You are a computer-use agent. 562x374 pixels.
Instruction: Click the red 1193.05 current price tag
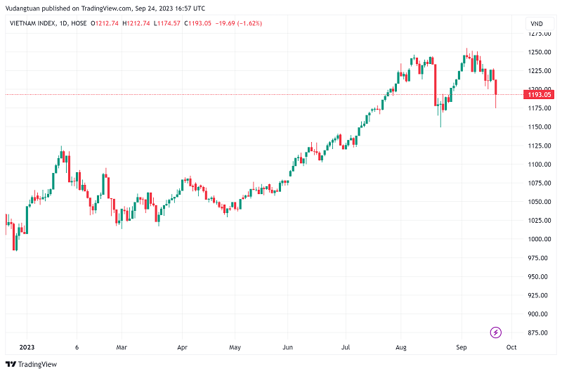(540, 94)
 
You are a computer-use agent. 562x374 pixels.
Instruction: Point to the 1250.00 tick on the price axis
(540, 52)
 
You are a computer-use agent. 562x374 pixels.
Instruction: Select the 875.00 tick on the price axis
(538, 333)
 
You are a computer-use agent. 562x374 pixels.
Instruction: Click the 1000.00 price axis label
(540, 239)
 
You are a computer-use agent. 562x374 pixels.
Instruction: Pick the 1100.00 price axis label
(540, 165)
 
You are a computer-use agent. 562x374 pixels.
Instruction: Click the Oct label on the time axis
(511, 347)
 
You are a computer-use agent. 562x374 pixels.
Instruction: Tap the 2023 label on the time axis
(27, 347)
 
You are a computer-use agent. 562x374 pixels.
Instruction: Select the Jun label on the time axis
(287, 347)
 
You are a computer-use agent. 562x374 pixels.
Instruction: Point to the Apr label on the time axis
(183, 347)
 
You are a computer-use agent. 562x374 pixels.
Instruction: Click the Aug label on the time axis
(400, 347)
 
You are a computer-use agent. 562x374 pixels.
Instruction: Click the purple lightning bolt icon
(496, 332)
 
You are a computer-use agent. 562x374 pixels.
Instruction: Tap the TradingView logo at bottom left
(31, 364)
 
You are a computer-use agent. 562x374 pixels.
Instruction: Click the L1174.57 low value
(166, 23)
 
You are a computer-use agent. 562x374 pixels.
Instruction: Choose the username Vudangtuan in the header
(20, 8)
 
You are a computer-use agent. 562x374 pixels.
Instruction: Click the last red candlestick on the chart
(496, 88)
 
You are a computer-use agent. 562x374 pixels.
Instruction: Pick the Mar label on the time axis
(121, 347)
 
